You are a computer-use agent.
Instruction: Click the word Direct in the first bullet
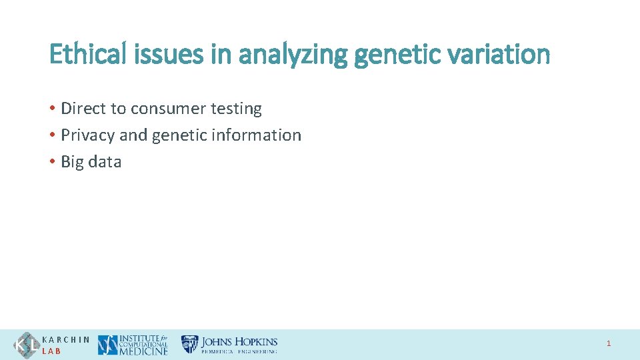click(x=81, y=108)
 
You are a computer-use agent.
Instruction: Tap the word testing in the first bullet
click(x=235, y=109)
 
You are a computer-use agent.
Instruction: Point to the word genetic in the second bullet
click(x=180, y=135)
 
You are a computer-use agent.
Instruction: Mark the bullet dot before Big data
click(x=53, y=162)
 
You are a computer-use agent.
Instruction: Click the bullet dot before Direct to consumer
click(x=53, y=108)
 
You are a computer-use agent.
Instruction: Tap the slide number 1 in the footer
click(x=608, y=344)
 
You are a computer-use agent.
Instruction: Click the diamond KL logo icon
click(x=27, y=345)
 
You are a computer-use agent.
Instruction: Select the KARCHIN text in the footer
click(x=66, y=339)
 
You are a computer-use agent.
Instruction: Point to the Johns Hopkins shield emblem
click(x=190, y=344)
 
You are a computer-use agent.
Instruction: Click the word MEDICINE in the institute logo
click(x=143, y=351)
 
